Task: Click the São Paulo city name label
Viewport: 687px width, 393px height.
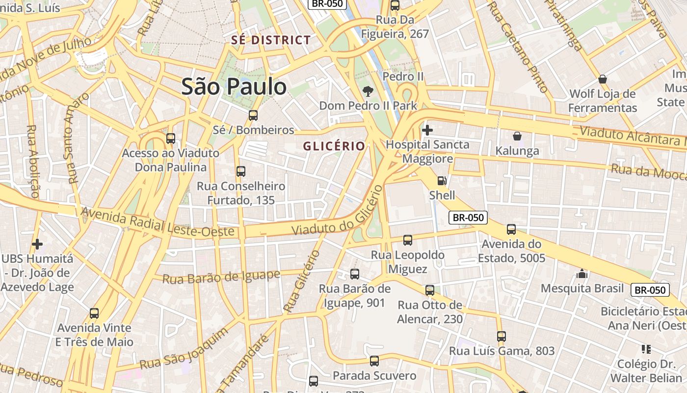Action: tap(234, 87)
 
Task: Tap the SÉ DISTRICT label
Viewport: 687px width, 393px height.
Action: tap(271, 40)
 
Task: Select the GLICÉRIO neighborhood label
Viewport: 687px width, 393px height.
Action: tap(334, 146)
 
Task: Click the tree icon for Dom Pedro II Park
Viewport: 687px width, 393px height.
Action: tap(367, 91)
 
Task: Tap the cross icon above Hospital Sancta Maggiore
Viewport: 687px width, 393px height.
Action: tap(427, 130)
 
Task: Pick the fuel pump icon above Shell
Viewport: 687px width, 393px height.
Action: tap(442, 181)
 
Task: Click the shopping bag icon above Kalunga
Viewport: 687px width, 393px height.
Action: tap(517, 136)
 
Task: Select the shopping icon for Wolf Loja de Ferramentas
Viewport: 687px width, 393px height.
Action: tap(603, 79)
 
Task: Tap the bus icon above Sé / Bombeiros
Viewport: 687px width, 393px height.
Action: tap(253, 115)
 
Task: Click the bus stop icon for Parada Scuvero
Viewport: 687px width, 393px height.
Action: tap(374, 362)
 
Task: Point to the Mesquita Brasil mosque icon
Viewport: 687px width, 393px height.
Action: tap(582, 274)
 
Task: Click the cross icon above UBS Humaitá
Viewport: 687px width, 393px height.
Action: tap(37, 244)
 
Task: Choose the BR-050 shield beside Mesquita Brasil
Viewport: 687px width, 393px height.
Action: tap(650, 290)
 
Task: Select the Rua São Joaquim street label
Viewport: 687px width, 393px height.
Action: tap(184, 349)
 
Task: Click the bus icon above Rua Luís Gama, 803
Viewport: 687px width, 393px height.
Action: tap(501, 337)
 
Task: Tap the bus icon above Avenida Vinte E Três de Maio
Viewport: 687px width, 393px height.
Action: tap(94, 313)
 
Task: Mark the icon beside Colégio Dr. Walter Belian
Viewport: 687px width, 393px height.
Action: tap(646, 349)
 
